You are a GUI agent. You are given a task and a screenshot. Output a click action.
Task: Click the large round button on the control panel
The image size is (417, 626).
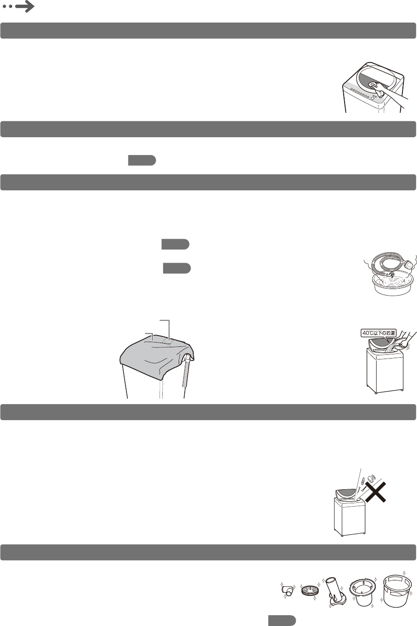(x=373, y=98)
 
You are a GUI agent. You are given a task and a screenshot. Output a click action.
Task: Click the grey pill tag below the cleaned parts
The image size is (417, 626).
(x=282, y=620)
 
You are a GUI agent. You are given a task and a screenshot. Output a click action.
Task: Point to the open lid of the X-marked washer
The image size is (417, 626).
(x=346, y=495)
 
